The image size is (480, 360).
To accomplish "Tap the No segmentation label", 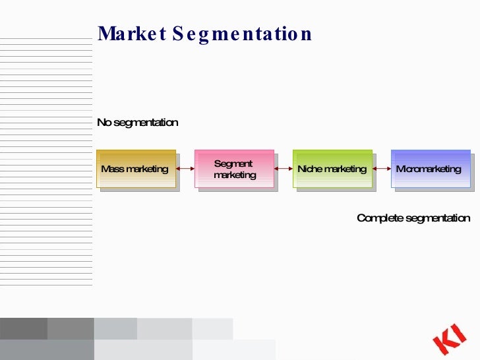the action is coord(138,123).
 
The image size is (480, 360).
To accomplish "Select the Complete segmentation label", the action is coord(413,218).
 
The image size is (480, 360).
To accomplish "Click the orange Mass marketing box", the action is coord(136,169).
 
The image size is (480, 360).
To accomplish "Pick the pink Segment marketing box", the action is coord(234,169).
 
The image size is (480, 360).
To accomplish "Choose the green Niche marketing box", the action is coord(332,169).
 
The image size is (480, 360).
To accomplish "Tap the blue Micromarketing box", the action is coord(430,169).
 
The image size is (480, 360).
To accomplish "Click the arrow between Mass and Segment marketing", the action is coord(185,169).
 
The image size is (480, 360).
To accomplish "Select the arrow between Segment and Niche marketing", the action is coord(284,169).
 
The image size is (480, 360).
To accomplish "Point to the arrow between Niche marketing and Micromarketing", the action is coord(382,169).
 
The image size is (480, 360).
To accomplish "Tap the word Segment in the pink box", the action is coord(233,164).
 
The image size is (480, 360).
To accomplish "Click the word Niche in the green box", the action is coord(309,169).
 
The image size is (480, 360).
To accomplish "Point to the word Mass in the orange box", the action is coord(112,169).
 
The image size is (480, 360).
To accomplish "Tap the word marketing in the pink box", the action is coord(235,175).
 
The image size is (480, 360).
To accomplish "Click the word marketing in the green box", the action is coord(345,169).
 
